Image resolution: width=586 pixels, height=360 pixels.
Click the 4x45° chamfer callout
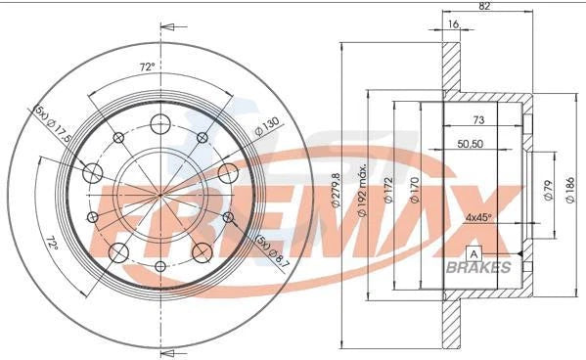[x=479, y=217]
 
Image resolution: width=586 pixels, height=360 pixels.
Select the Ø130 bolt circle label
[x=267, y=126]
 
